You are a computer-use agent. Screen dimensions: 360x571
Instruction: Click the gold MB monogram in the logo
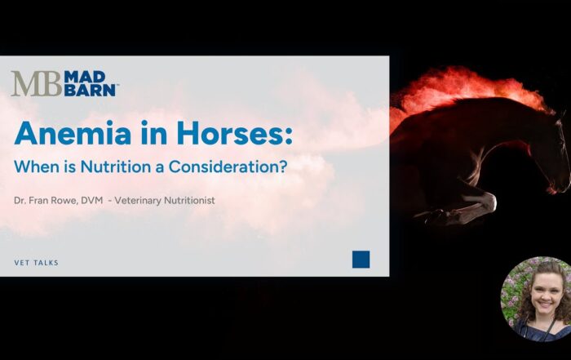point(35,83)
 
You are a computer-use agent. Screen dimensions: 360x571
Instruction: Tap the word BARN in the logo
point(91,90)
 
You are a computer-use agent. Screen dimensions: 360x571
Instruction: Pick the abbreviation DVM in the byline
point(92,200)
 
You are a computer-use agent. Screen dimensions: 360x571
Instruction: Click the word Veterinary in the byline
point(142,200)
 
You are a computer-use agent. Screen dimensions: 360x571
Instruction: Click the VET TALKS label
point(37,263)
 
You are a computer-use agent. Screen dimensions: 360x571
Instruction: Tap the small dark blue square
point(361,260)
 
